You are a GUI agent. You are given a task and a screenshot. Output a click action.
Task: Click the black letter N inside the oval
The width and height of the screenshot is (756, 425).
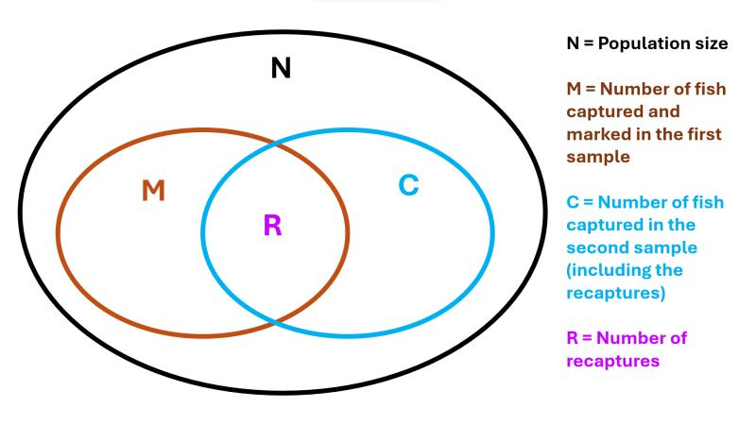click(x=281, y=68)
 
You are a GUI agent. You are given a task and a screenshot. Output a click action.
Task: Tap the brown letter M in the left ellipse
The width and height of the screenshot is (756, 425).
click(x=153, y=192)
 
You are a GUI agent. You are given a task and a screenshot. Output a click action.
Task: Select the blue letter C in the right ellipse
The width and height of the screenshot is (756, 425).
click(x=408, y=185)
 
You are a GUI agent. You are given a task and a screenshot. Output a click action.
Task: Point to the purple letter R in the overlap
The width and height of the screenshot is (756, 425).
click(x=272, y=226)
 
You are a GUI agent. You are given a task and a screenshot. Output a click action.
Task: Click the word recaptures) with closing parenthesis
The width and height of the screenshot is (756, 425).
click(x=616, y=293)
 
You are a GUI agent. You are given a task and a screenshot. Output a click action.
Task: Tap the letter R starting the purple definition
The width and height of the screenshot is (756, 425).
click(x=574, y=338)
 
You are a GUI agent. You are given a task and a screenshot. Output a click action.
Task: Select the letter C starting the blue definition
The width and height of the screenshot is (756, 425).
click(x=574, y=202)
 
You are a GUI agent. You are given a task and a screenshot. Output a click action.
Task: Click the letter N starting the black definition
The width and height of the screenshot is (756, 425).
click(x=573, y=44)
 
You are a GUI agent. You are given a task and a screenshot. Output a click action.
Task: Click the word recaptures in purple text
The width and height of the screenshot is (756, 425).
click(x=611, y=361)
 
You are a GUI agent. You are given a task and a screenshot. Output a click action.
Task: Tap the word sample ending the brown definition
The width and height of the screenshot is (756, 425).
click(x=598, y=157)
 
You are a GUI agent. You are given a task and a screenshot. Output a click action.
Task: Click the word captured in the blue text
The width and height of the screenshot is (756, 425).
click(x=604, y=225)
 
